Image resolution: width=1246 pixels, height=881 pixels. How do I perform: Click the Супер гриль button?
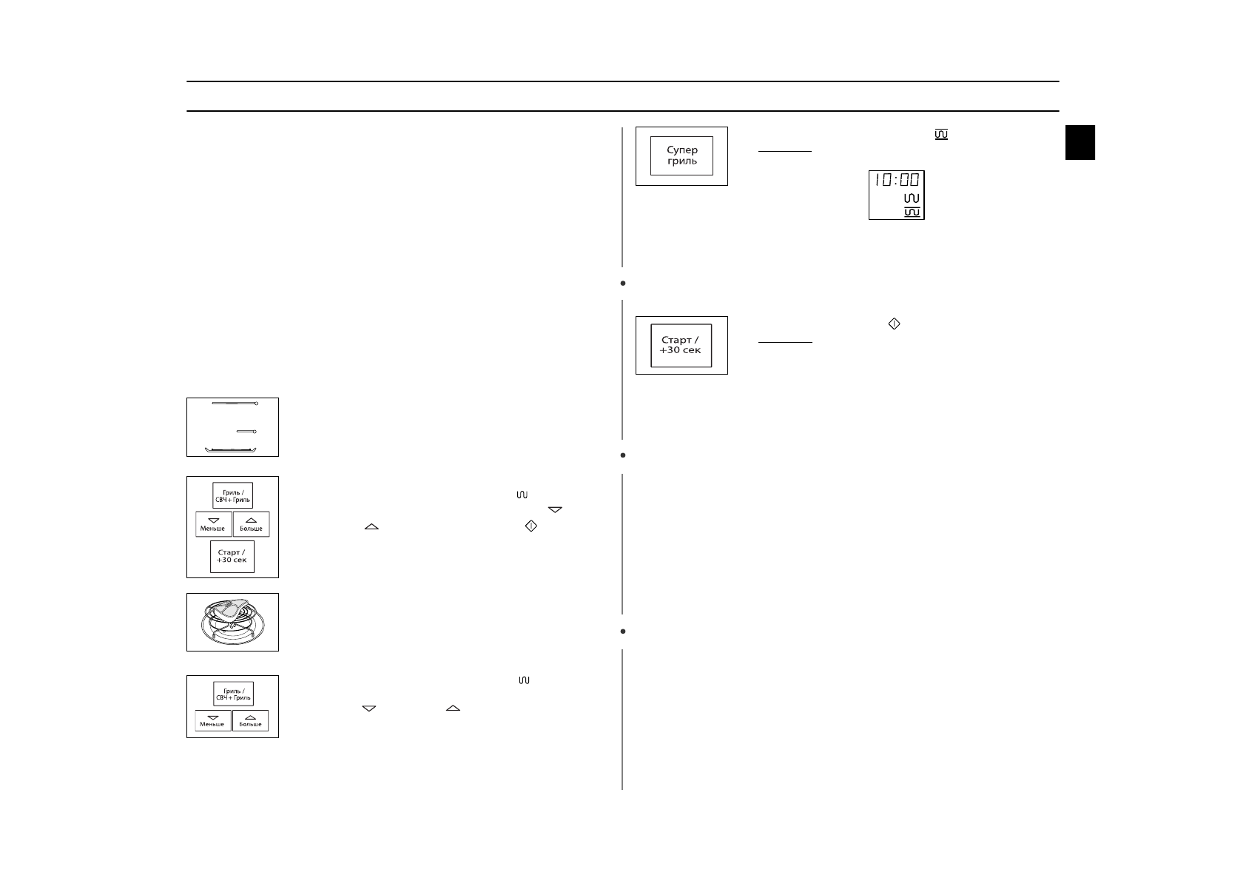[x=681, y=155]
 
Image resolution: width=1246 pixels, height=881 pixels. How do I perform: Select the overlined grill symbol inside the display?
[x=912, y=212]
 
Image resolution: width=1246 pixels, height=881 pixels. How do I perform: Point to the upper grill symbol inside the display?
[x=912, y=198]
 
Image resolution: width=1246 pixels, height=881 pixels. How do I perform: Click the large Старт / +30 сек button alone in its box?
[x=681, y=346]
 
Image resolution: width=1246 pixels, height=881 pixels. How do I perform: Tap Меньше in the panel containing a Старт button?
[x=213, y=524]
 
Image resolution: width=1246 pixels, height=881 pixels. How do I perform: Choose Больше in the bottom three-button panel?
[x=250, y=720]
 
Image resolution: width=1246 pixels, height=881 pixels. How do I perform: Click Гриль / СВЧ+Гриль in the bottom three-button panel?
[x=233, y=694]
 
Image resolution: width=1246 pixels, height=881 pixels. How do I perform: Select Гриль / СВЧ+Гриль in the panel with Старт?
[x=232, y=495]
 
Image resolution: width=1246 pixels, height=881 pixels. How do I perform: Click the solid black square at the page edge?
[x=1080, y=142]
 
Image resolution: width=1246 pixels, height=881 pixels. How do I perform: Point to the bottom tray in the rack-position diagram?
[x=233, y=449]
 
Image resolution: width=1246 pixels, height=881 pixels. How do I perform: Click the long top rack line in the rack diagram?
[x=234, y=403]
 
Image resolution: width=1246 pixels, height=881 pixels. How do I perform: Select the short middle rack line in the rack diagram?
[x=246, y=431]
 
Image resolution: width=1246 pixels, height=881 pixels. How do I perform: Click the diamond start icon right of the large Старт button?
[x=894, y=324]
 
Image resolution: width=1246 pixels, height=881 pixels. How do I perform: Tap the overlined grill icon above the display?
[x=941, y=135]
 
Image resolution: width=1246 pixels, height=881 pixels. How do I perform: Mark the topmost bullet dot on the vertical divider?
[x=623, y=283]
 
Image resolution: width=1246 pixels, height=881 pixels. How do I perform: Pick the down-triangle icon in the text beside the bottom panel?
[x=369, y=709]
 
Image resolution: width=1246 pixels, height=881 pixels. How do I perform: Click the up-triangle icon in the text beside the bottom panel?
[x=453, y=709]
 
